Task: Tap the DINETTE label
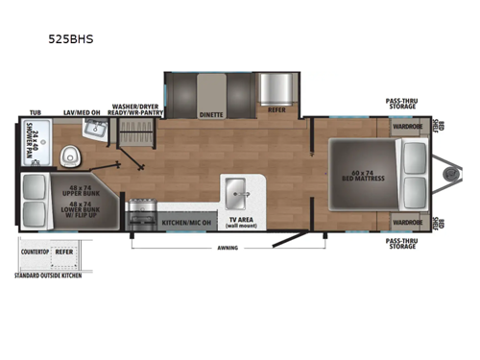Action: (x=211, y=114)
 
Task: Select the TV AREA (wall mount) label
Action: (x=238, y=224)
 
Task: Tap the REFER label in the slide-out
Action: (x=277, y=110)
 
